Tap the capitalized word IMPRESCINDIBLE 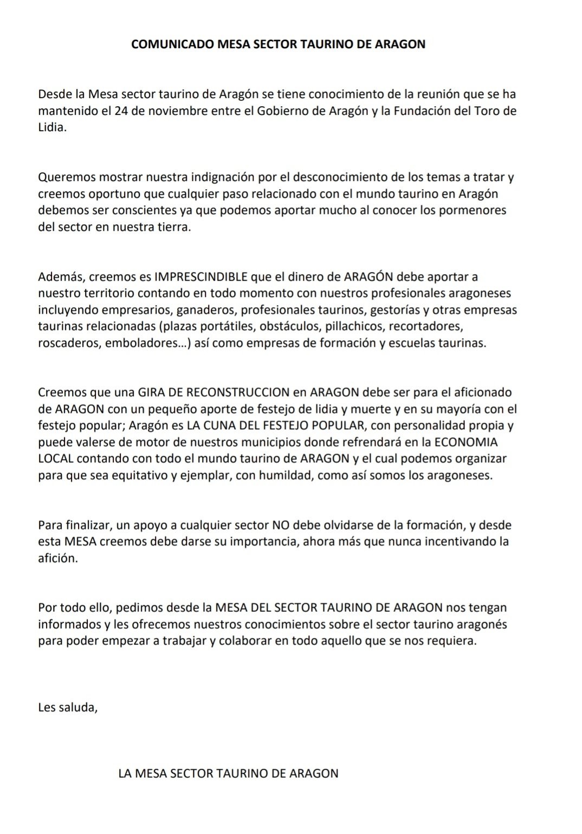201,277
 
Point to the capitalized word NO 280,525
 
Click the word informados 69,624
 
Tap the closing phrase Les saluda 68,707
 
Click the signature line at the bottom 228,773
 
